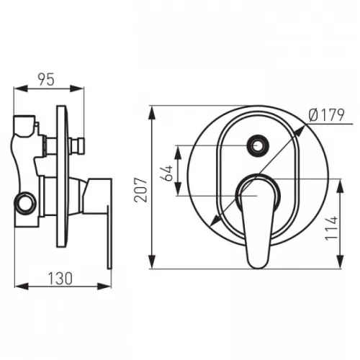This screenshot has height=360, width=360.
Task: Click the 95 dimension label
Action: pyautogui.click(x=46, y=79)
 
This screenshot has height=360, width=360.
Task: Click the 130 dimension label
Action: pyautogui.click(x=60, y=279)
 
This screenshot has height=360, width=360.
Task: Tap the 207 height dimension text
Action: pyautogui.click(x=141, y=190)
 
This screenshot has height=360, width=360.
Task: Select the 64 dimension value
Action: pyautogui.click(x=167, y=173)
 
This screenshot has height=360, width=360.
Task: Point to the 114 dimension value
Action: pyautogui.click(x=331, y=228)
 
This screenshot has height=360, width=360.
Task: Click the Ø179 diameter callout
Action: pyautogui.click(x=327, y=115)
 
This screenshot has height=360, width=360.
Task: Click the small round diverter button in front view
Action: pyautogui.click(x=258, y=145)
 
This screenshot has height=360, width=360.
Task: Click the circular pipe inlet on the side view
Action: pyautogui.click(x=26, y=203)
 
